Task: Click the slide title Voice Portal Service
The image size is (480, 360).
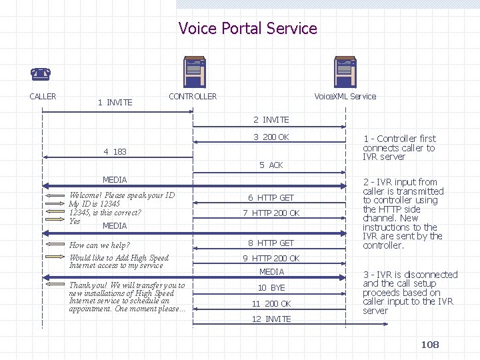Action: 247,29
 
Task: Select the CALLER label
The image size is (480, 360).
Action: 43,96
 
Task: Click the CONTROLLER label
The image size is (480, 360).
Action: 193,96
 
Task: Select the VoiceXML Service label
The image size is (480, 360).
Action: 345,96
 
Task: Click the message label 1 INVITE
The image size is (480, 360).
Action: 115,102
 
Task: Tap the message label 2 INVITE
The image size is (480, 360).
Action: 271,120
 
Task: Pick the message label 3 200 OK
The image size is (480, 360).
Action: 271,137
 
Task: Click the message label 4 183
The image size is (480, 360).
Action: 115,152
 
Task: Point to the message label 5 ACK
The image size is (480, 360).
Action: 271,165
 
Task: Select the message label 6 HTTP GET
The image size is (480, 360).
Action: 271,197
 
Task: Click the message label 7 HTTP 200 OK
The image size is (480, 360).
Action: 271,213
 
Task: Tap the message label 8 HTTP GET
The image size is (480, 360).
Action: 271,243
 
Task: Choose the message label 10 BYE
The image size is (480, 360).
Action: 271,287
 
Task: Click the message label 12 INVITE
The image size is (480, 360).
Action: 271,319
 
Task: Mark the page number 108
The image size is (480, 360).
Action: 430,344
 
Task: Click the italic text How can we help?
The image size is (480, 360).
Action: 99,245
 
